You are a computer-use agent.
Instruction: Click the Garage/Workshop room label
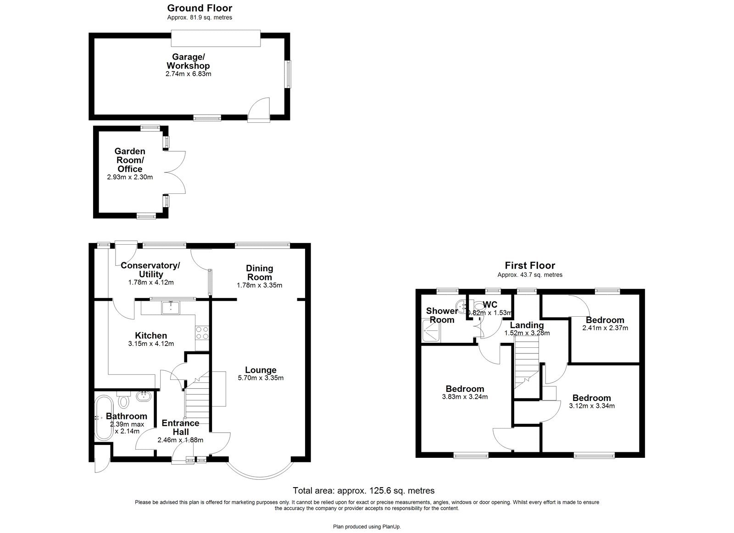pyautogui.click(x=188, y=61)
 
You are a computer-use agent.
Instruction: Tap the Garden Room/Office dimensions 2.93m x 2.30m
pyautogui.click(x=130, y=177)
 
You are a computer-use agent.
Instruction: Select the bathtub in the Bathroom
pyautogui.click(x=103, y=418)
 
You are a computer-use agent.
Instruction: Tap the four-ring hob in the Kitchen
pyautogui.click(x=202, y=332)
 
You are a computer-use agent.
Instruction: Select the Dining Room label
pyautogui.click(x=259, y=273)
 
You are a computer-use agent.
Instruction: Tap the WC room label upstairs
pyautogui.click(x=490, y=305)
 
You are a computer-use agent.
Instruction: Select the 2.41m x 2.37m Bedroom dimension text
pyautogui.click(x=605, y=328)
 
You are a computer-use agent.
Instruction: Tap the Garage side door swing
pyautogui.click(x=258, y=110)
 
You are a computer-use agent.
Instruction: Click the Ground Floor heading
pyautogui.click(x=200, y=8)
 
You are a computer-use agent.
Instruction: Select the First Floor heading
pyautogui.click(x=530, y=265)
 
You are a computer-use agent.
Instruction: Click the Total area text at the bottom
pyautogui.click(x=363, y=490)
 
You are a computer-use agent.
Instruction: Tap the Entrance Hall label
pyautogui.click(x=180, y=427)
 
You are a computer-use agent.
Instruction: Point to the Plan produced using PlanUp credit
pyautogui.click(x=367, y=527)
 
